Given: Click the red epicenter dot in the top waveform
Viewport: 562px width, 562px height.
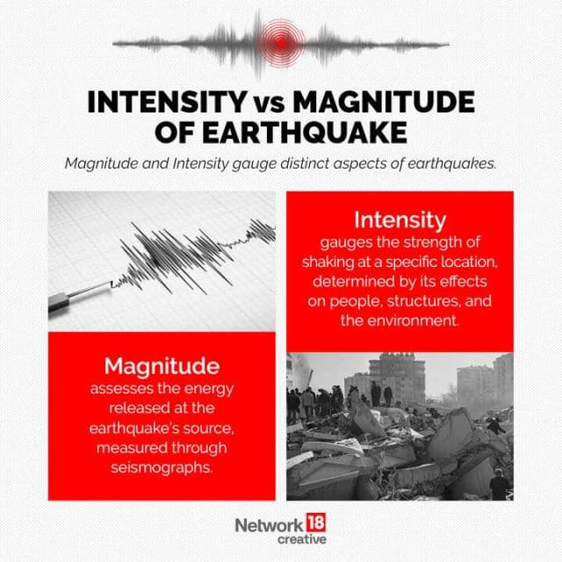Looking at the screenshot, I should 280,40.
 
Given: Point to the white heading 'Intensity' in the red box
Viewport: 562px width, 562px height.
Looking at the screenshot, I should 400,220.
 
